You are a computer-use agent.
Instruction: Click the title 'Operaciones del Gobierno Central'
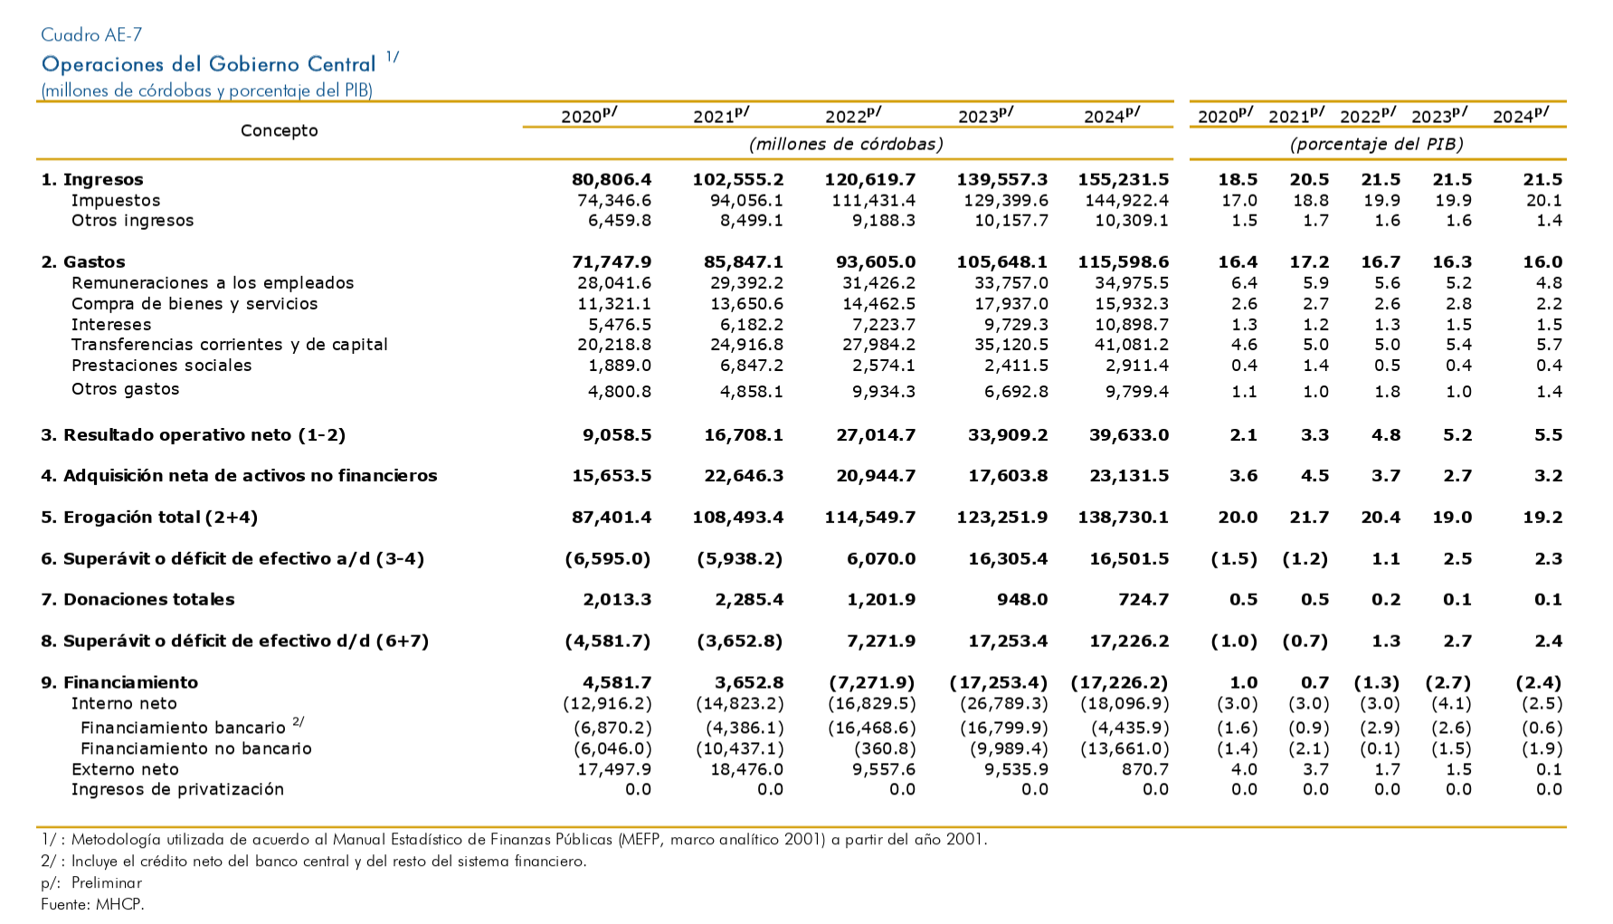coord(208,64)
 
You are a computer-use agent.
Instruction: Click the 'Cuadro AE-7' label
coord(91,35)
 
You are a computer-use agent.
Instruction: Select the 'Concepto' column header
coord(280,130)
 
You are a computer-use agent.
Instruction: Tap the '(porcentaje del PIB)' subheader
coord(1376,144)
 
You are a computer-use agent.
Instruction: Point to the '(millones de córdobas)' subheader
coord(846,144)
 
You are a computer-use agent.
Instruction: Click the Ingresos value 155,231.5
coord(1123,180)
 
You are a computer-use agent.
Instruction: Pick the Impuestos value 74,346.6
coord(614,201)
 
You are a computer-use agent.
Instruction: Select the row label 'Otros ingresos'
coord(132,221)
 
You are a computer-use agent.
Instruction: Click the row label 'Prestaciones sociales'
coord(161,366)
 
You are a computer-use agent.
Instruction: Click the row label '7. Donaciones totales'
coord(138,600)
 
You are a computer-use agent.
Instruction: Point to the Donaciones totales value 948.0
coord(1022,600)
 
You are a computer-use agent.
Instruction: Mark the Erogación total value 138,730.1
coord(1123,518)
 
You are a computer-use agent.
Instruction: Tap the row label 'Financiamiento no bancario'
coord(196,748)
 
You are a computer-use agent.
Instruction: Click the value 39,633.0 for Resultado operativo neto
coord(1129,435)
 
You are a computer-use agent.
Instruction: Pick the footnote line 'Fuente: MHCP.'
coord(92,904)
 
